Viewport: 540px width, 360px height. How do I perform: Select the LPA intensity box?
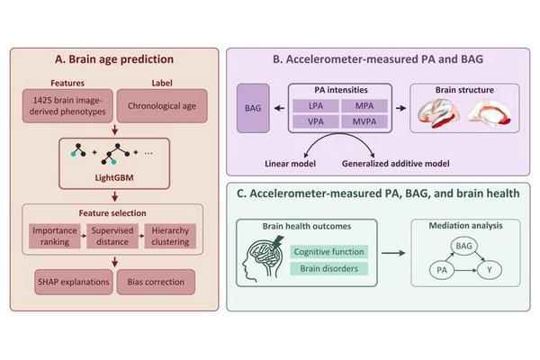316,106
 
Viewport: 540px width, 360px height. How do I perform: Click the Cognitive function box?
328,250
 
